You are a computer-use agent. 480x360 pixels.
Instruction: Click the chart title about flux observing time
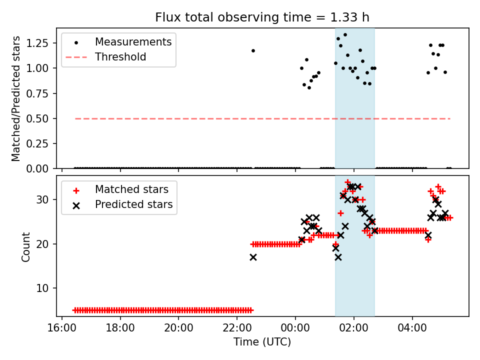coord(262,17)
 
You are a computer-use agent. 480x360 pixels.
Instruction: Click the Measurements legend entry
coord(133,42)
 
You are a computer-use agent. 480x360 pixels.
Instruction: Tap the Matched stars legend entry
coord(131,190)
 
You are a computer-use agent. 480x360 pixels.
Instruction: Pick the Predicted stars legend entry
coord(133,204)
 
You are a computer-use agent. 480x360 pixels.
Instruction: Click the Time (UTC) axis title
coord(262,342)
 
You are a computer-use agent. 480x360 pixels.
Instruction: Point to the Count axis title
coord(25,246)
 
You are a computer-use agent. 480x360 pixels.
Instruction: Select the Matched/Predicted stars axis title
coord(16,98)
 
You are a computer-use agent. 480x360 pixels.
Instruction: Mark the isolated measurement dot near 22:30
coord(253,50)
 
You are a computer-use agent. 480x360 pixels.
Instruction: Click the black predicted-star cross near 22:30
coord(253,257)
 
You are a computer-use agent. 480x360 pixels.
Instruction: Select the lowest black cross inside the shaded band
coord(338,257)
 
